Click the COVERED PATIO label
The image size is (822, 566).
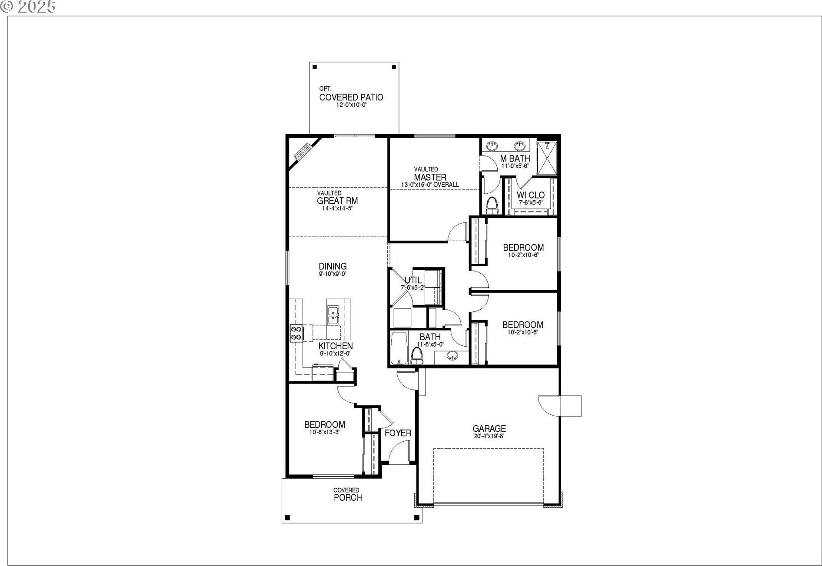[351, 97]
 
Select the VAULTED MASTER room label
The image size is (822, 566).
[430, 177]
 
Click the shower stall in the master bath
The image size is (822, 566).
[547, 159]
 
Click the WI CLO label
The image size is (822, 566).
[530, 195]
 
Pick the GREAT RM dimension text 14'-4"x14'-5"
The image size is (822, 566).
[337, 208]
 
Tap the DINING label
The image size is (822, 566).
[333, 266]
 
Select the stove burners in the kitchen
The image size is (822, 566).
[296, 333]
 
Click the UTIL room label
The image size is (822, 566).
[413, 280]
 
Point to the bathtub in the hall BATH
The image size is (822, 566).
[399, 349]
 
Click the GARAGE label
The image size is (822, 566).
[489, 429]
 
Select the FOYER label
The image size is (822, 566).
[398, 433]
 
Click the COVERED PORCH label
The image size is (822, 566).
[348, 497]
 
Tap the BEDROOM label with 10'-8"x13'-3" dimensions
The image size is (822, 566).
[324, 424]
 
